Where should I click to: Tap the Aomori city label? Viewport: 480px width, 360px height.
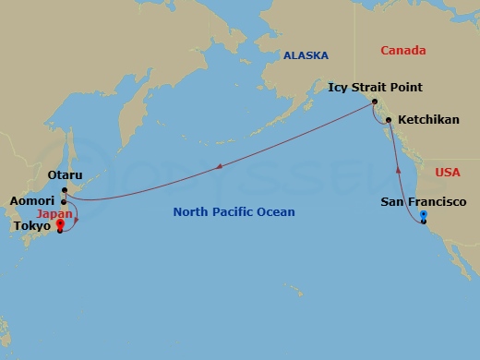[32, 200]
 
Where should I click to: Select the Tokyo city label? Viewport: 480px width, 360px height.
[32, 225]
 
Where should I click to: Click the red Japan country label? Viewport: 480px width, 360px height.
[54, 212]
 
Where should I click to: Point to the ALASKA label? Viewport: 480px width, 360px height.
[306, 55]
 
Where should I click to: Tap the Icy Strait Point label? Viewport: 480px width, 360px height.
[375, 88]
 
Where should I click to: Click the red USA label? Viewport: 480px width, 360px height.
[447, 172]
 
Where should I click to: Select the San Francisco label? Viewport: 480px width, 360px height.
[424, 201]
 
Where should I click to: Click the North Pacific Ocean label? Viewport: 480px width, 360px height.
[234, 212]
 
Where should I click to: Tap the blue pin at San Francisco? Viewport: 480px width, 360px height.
[424, 218]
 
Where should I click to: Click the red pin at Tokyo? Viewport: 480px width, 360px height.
[60, 224]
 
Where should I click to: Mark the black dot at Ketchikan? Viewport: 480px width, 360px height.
[389, 120]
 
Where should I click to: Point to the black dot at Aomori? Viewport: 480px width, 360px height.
[64, 201]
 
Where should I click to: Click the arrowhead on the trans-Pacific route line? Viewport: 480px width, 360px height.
[220, 167]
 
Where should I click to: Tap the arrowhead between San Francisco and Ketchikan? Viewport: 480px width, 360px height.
[399, 169]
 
